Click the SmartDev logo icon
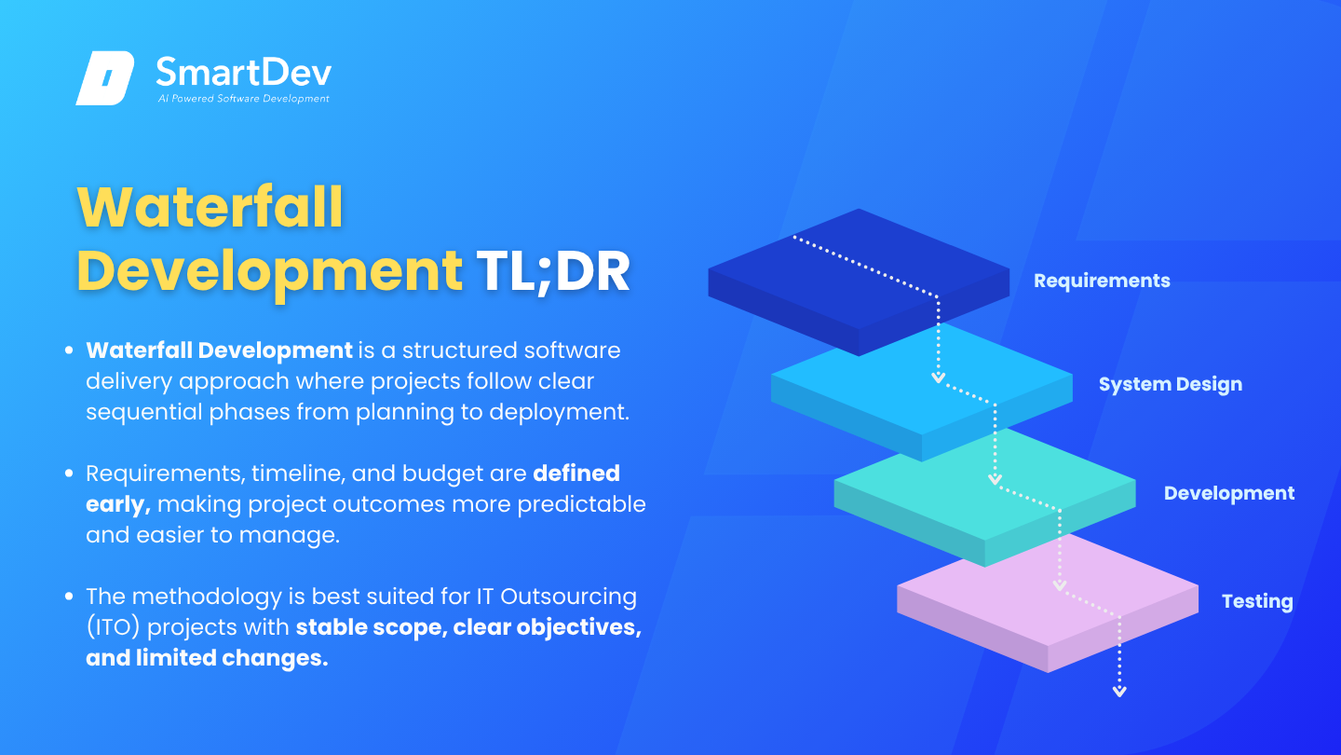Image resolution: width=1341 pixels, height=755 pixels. pos(105,78)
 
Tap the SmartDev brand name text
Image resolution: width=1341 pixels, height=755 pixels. pos(244,72)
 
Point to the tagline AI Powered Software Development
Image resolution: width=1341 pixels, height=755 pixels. pos(244,98)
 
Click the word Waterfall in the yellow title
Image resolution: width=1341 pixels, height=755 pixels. pos(210,207)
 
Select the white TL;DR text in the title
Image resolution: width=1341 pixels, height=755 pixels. pos(552,271)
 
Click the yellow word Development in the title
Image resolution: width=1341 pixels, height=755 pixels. pos(269,273)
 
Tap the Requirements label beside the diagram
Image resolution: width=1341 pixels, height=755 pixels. pos(1102,281)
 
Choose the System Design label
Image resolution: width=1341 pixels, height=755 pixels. pos(1171,384)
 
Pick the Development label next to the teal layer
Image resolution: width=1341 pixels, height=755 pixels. pos(1229,493)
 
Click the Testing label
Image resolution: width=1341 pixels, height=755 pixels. pos(1257,601)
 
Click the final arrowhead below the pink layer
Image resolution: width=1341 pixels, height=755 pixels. pos(1119,692)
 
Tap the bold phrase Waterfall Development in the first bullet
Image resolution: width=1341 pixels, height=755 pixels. pos(219,350)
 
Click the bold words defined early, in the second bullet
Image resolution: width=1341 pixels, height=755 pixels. pos(353,489)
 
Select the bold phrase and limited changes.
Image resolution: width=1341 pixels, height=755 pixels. pos(207,658)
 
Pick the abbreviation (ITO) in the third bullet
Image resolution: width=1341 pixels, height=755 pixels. pos(114,628)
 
